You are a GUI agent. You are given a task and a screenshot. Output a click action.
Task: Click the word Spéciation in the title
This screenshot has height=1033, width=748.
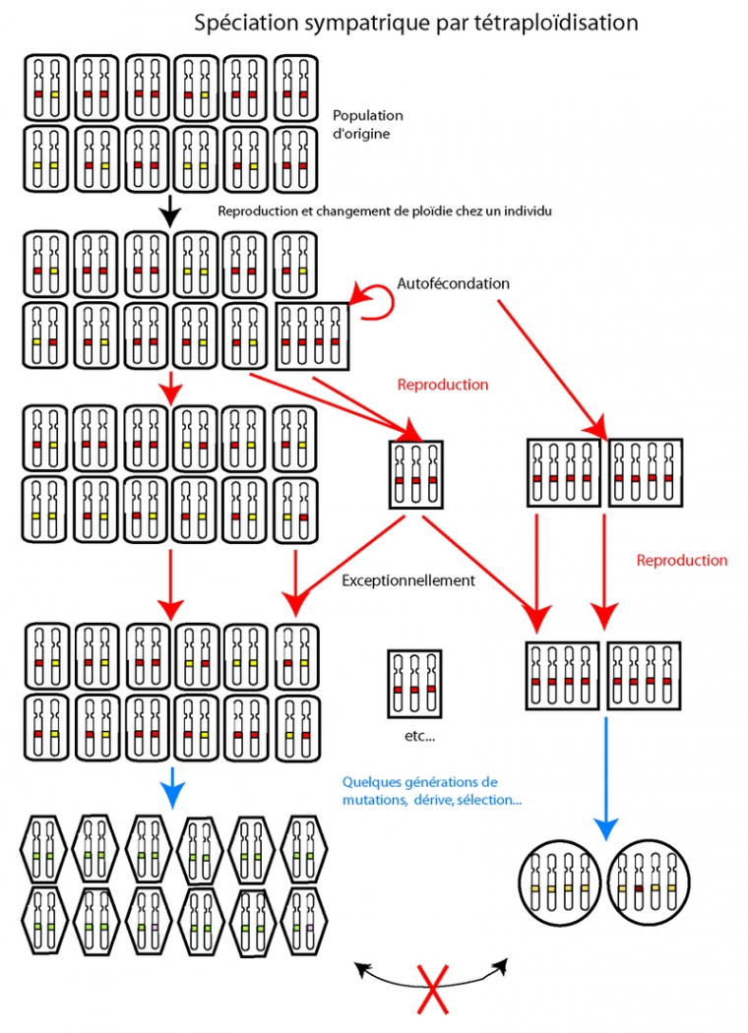point(236,22)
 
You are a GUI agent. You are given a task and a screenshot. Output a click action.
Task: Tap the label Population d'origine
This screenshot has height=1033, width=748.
point(367,124)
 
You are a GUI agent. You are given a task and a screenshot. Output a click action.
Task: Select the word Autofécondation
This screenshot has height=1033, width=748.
point(453,283)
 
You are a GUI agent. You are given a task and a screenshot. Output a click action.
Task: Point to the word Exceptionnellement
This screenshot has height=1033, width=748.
point(408,580)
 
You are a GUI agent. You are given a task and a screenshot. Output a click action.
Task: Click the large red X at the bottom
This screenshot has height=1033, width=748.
point(430,989)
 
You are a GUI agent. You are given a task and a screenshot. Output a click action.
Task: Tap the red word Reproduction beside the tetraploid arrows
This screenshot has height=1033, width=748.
point(681,561)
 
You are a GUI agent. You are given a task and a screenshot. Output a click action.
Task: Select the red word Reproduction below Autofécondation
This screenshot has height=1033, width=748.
point(442,385)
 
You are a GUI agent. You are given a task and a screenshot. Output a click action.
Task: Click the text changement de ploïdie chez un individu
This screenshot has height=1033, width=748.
point(418,211)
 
